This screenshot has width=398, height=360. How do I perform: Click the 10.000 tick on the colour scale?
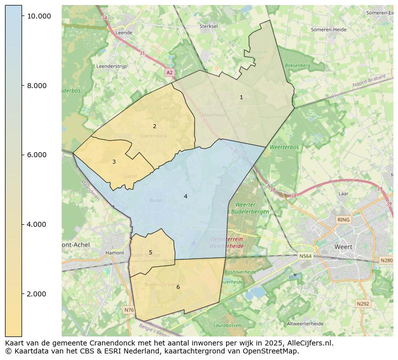[39, 16]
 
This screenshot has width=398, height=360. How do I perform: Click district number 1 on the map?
[241, 97]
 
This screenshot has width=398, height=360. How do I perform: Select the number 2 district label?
[154, 126]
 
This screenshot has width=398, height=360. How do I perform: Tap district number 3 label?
[114, 162]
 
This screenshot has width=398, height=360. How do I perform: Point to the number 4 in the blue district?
[185, 196]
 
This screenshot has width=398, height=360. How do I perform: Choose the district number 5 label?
[150, 252]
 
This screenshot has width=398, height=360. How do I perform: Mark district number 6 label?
[178, 287]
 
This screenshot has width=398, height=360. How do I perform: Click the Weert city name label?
[343, 247]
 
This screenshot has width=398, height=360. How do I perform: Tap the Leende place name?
[124, 33]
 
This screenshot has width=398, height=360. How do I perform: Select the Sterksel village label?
[209, 26]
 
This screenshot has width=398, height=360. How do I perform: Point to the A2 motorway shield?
[169, 73]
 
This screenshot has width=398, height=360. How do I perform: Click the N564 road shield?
[305, 256]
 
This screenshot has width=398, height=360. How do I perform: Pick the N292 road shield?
[362, 303]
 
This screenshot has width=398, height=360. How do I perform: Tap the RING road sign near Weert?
[343, 220]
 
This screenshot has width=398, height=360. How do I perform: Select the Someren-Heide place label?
[328, 30]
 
